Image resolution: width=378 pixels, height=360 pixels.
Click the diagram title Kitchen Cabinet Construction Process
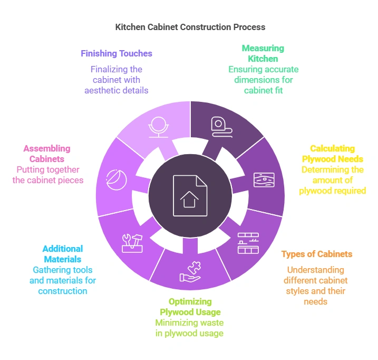190,26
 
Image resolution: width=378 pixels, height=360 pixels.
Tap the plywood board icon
264,179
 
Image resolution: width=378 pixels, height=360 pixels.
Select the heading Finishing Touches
117,53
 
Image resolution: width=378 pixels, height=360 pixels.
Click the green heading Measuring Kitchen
263,53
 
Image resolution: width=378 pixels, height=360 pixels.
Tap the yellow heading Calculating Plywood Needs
332,154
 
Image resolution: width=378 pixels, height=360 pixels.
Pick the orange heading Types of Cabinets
317,254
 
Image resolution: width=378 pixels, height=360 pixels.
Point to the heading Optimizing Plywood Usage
189,307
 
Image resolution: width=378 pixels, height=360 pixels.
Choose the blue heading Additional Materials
63,254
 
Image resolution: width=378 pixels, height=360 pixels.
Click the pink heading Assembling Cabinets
46,154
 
